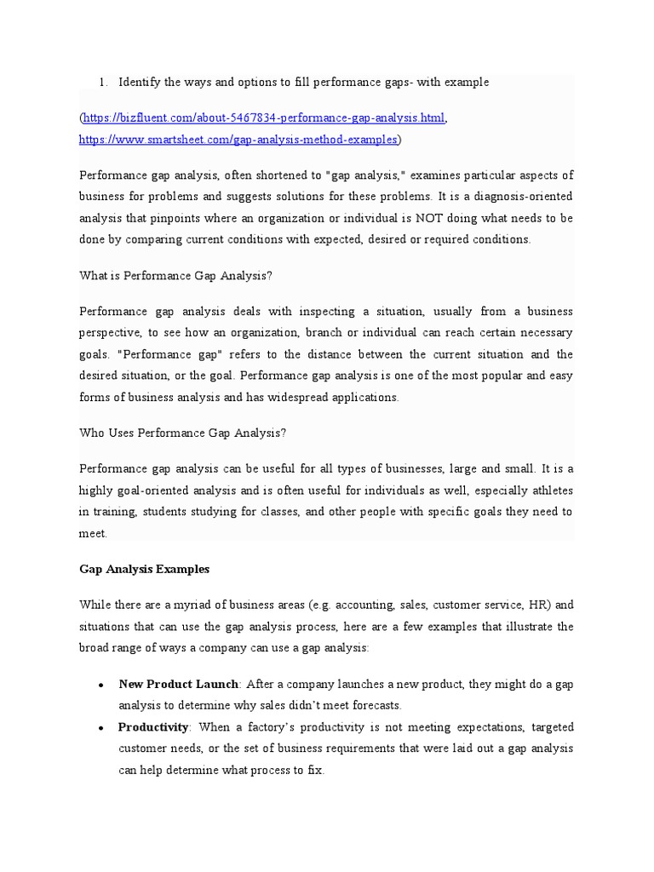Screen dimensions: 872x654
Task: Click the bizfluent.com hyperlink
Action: pos(264,117)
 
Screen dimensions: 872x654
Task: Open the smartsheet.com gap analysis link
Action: pos(238,139)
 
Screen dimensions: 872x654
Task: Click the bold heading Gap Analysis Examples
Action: pos(144,569)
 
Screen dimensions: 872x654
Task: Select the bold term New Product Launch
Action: pos(179,684)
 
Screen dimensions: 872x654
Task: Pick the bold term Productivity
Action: pos(154,727)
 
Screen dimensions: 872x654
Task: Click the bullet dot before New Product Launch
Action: pos(101,685)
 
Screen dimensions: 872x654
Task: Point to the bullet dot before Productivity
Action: pos(101,728)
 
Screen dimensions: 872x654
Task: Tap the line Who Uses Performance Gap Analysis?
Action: pos(182,433)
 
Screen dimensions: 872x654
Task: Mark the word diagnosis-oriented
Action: pos(511,197)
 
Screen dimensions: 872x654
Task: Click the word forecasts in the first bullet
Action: pos(371,705)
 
